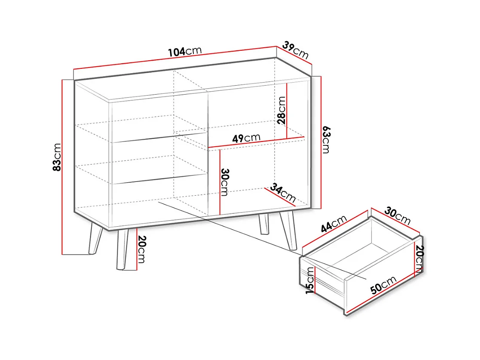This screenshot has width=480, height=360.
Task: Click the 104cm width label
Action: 185,52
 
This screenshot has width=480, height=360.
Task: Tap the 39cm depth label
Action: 295,50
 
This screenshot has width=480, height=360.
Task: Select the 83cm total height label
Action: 57,157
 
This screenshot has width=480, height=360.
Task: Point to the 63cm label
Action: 326,139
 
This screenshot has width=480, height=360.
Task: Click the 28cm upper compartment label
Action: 281,110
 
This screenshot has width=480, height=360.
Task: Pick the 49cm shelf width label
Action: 246,138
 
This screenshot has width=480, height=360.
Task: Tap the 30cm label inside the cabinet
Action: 225,182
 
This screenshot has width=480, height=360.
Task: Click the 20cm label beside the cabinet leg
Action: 142,249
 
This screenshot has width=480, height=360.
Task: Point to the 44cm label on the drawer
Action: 333,223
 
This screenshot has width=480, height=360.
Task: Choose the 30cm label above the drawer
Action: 397,215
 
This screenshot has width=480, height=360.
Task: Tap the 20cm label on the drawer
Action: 420,259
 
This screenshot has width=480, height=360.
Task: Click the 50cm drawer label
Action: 383,285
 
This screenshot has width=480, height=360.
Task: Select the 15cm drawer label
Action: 310,280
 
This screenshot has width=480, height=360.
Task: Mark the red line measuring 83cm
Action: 62,167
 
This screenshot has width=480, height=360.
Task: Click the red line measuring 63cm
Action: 321,142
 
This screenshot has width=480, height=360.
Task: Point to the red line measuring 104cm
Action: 175,58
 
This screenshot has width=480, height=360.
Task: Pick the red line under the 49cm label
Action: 256,142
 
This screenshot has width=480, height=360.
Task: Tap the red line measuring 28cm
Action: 287,111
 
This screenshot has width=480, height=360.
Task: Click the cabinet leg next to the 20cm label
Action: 122,250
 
